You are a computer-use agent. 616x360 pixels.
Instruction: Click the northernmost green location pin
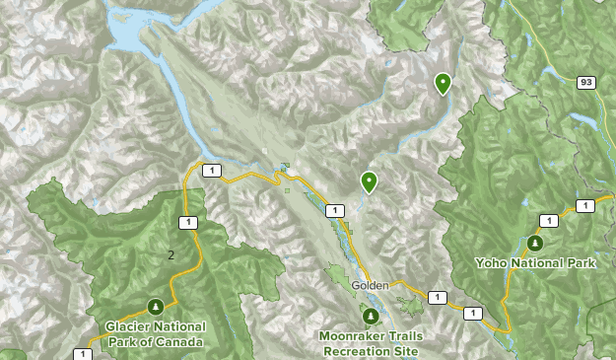point(444,84)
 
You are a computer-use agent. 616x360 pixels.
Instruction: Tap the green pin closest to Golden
point(369,181)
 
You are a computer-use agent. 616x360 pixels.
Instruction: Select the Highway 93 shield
point(585,82)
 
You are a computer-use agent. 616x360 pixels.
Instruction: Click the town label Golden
point(371,285)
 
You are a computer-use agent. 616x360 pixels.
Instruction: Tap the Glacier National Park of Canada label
point(157,334)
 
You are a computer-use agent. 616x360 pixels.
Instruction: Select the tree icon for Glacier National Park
point(155,307)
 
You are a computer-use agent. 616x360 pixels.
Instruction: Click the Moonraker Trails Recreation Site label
point(372,342)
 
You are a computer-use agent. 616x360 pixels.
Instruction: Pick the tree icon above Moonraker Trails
point(371,317)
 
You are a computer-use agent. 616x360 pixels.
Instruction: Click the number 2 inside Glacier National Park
point(171,254)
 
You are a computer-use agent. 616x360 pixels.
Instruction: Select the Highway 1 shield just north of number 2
point(186,222)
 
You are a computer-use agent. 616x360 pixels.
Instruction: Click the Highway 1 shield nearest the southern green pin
point(336,210)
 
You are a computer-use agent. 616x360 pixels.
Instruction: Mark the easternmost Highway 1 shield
point(584,205)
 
